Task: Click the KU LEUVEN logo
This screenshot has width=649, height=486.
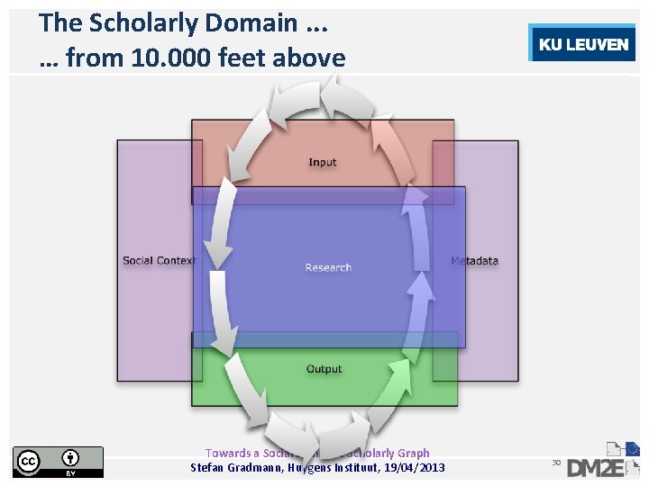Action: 583,44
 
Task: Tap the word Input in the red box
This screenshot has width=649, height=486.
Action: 322,163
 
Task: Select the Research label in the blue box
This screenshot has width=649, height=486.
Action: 328,267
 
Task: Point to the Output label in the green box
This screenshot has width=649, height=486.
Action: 324,369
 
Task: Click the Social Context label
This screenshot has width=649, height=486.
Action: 159,261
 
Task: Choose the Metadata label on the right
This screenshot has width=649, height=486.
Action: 474,261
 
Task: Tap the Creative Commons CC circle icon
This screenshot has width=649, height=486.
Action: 29,461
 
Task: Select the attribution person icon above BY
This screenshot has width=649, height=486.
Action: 70,457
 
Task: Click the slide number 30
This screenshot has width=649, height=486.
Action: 556,462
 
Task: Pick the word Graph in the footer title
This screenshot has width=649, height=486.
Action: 414,453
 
